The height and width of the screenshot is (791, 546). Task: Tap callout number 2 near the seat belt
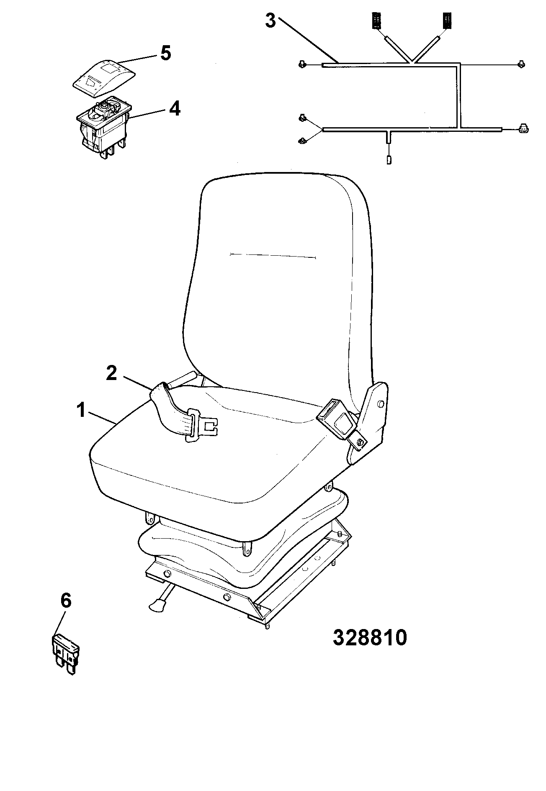(x=111, y=373)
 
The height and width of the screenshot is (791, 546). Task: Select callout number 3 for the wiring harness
(x=270, y=21)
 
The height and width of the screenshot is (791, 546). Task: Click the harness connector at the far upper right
(x=520, y=64)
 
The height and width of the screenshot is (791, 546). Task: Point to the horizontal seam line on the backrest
(x=273, y=255)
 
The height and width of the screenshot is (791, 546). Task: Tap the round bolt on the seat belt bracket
(x=380, y=404)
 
